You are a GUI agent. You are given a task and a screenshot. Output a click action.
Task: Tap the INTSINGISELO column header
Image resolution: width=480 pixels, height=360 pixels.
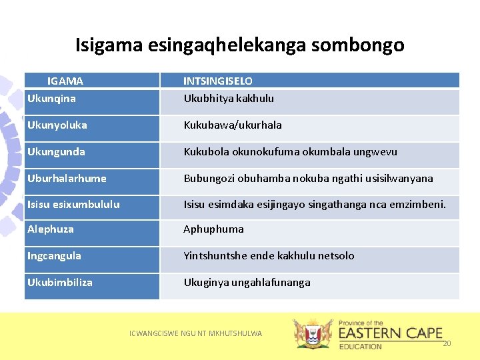[x=218, y=81]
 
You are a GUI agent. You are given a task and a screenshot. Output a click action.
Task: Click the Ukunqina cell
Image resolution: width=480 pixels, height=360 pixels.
[x=51, y=99]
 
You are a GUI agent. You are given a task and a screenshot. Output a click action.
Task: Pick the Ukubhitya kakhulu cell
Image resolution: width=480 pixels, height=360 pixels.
[x=229, y=99]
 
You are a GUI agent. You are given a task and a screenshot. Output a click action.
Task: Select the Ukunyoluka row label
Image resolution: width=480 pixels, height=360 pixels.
[x=57, y=125]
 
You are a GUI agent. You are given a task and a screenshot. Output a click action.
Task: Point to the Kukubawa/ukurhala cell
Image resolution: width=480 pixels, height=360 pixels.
[x=233, y=125]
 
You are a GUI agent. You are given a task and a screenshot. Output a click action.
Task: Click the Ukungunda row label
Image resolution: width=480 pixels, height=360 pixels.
[x=56, y=152]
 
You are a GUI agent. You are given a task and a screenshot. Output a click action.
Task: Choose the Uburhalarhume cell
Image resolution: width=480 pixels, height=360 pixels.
[x=67, y=179]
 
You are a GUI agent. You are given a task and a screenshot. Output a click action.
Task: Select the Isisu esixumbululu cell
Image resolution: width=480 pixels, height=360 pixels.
[x=73, y=205]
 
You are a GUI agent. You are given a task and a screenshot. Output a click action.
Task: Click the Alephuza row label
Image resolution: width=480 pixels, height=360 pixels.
[x=51, y=229]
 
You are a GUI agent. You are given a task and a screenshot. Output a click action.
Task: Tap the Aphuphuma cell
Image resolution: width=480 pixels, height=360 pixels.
[x=213, y=229]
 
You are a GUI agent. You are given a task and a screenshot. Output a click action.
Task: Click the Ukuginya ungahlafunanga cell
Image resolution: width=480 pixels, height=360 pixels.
[x=247, y=283]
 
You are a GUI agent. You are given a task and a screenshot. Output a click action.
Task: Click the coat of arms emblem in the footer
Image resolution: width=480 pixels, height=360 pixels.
[x=313, y=334]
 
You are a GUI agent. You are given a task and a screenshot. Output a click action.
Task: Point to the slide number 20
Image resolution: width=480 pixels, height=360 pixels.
[x=447, y=343]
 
